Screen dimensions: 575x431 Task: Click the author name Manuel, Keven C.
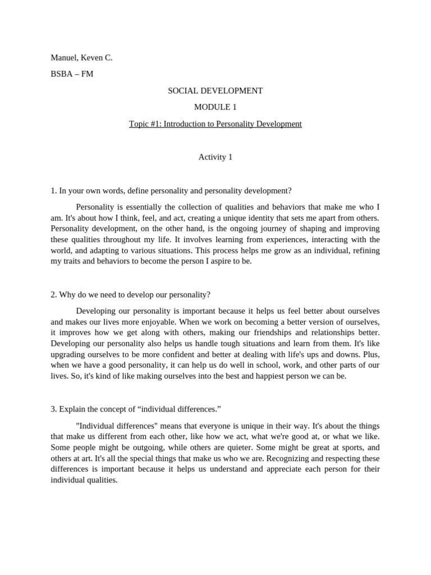81,57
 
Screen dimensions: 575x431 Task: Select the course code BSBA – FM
72,74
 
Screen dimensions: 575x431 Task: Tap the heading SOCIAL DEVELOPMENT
215,90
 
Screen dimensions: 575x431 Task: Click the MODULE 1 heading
215,107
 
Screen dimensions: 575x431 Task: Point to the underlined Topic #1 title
215,124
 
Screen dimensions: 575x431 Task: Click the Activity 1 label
215,157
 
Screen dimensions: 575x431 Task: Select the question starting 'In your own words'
171,190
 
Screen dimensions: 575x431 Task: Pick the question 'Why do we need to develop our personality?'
130,294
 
